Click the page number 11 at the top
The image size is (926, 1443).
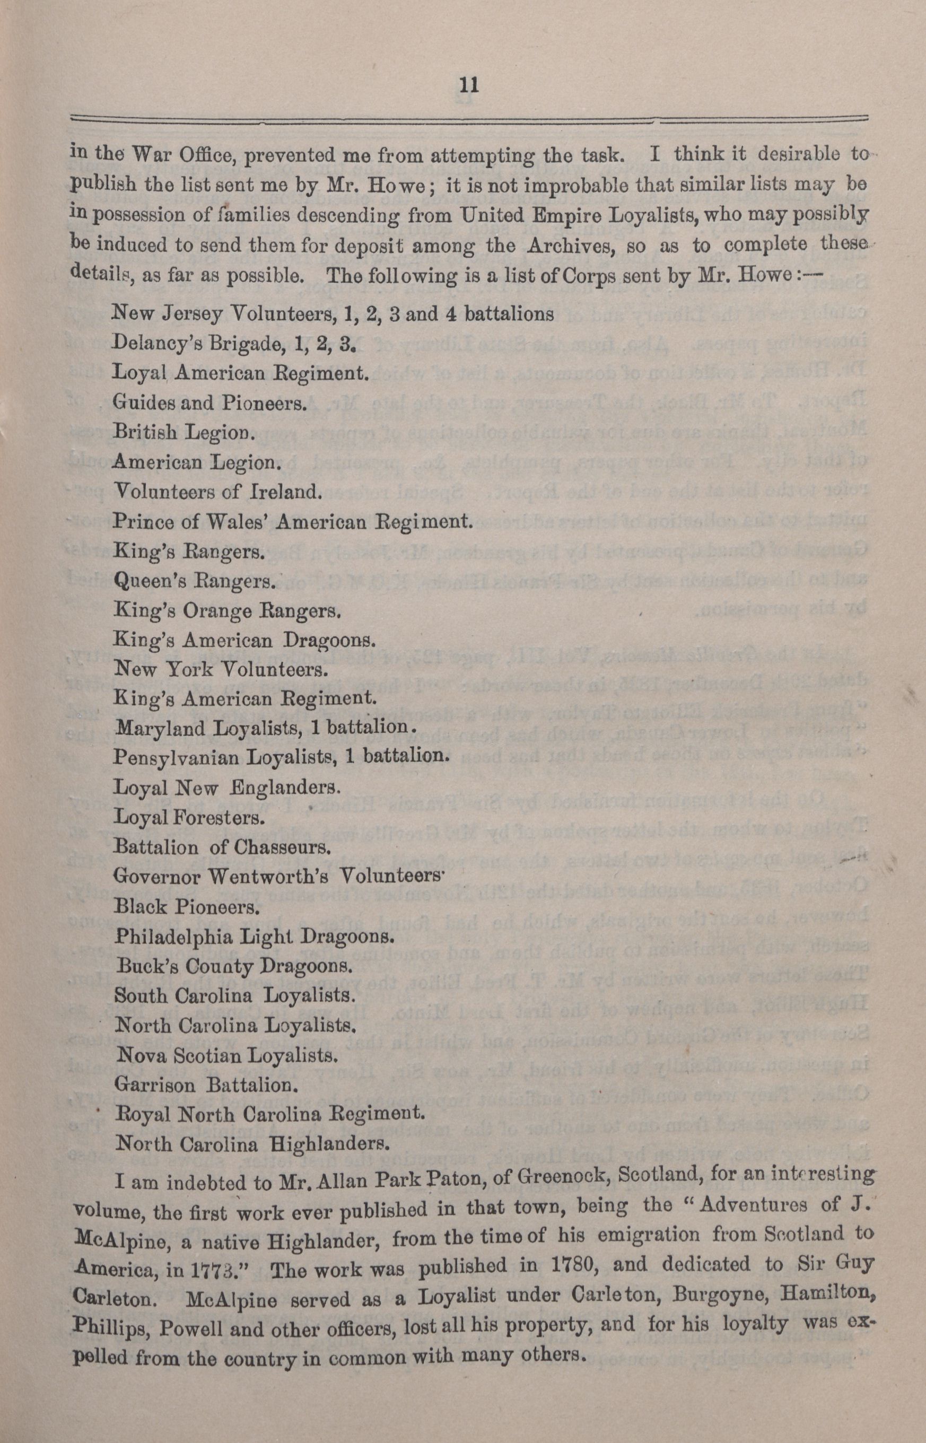tap(468, 85)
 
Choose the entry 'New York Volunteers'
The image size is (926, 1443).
tap(220, 669)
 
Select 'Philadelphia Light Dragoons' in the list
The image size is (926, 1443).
tap(254, 937)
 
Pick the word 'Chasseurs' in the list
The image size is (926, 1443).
tap(292, 848)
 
